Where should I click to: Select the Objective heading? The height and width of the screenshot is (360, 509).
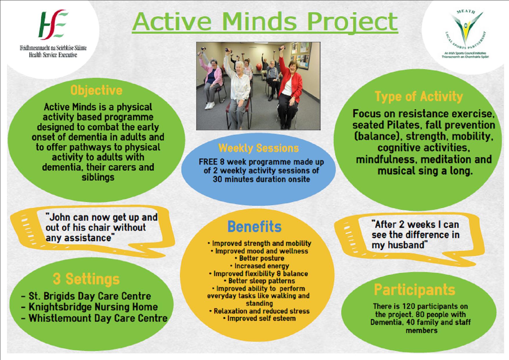tap(97, 90)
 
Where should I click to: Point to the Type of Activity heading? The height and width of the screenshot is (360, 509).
tap(419, 97)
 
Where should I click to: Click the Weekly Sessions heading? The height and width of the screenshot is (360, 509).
tap(258, 148)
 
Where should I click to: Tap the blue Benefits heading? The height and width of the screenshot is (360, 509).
tap(254, 226)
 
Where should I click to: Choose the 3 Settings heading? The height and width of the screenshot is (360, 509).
tap(86, 279)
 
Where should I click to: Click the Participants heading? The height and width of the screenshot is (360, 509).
tap(414, 289)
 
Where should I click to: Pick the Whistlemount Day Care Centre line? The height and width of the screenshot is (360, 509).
tap(94, 318)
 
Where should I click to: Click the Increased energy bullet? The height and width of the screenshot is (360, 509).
tap(259, 266)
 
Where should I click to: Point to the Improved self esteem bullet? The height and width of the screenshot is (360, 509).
tap(259, 318)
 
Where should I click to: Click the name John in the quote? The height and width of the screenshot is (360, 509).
tap(58, 217)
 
